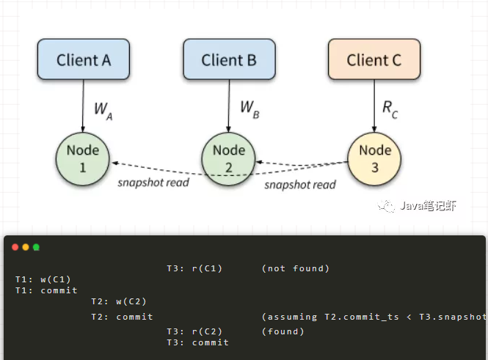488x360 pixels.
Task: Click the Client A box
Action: (x=83, y=59)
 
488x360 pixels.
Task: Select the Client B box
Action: (x=229, y=59)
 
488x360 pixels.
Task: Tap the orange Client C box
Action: (x=374, y=59)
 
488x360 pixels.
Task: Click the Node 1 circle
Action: (x=83, y=159)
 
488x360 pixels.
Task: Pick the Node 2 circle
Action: (x=229, y=159)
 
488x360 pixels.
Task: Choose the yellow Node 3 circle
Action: (x=374, y=159)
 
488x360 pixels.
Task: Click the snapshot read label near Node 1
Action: (x=153, y=182)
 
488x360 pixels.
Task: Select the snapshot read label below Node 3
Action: (x=299, y=185)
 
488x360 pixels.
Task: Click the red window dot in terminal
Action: (x=15, y=248)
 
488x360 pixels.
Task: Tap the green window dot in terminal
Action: (x=36, y=248)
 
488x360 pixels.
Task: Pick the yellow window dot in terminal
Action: (x=26, y=248)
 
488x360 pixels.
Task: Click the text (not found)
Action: (x=295, y=268)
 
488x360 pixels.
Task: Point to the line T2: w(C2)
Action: (x=118, y=301)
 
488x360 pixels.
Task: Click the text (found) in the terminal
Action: (x=283, y=331)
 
